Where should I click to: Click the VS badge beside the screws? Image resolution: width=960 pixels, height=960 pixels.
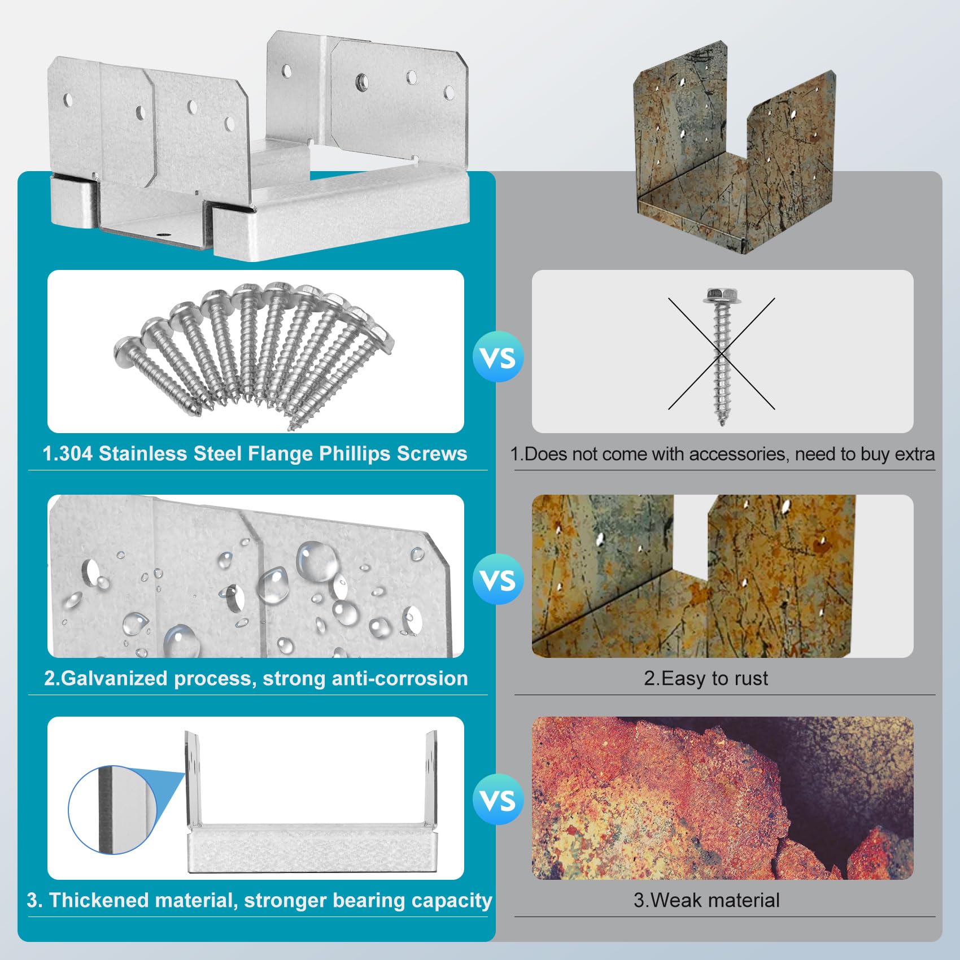point(498,357)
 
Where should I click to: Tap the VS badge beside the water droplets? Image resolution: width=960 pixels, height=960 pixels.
point(498,579)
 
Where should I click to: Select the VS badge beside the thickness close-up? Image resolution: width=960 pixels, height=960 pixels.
point(498,800)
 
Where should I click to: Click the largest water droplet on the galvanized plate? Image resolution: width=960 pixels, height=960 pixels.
point(317,561)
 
